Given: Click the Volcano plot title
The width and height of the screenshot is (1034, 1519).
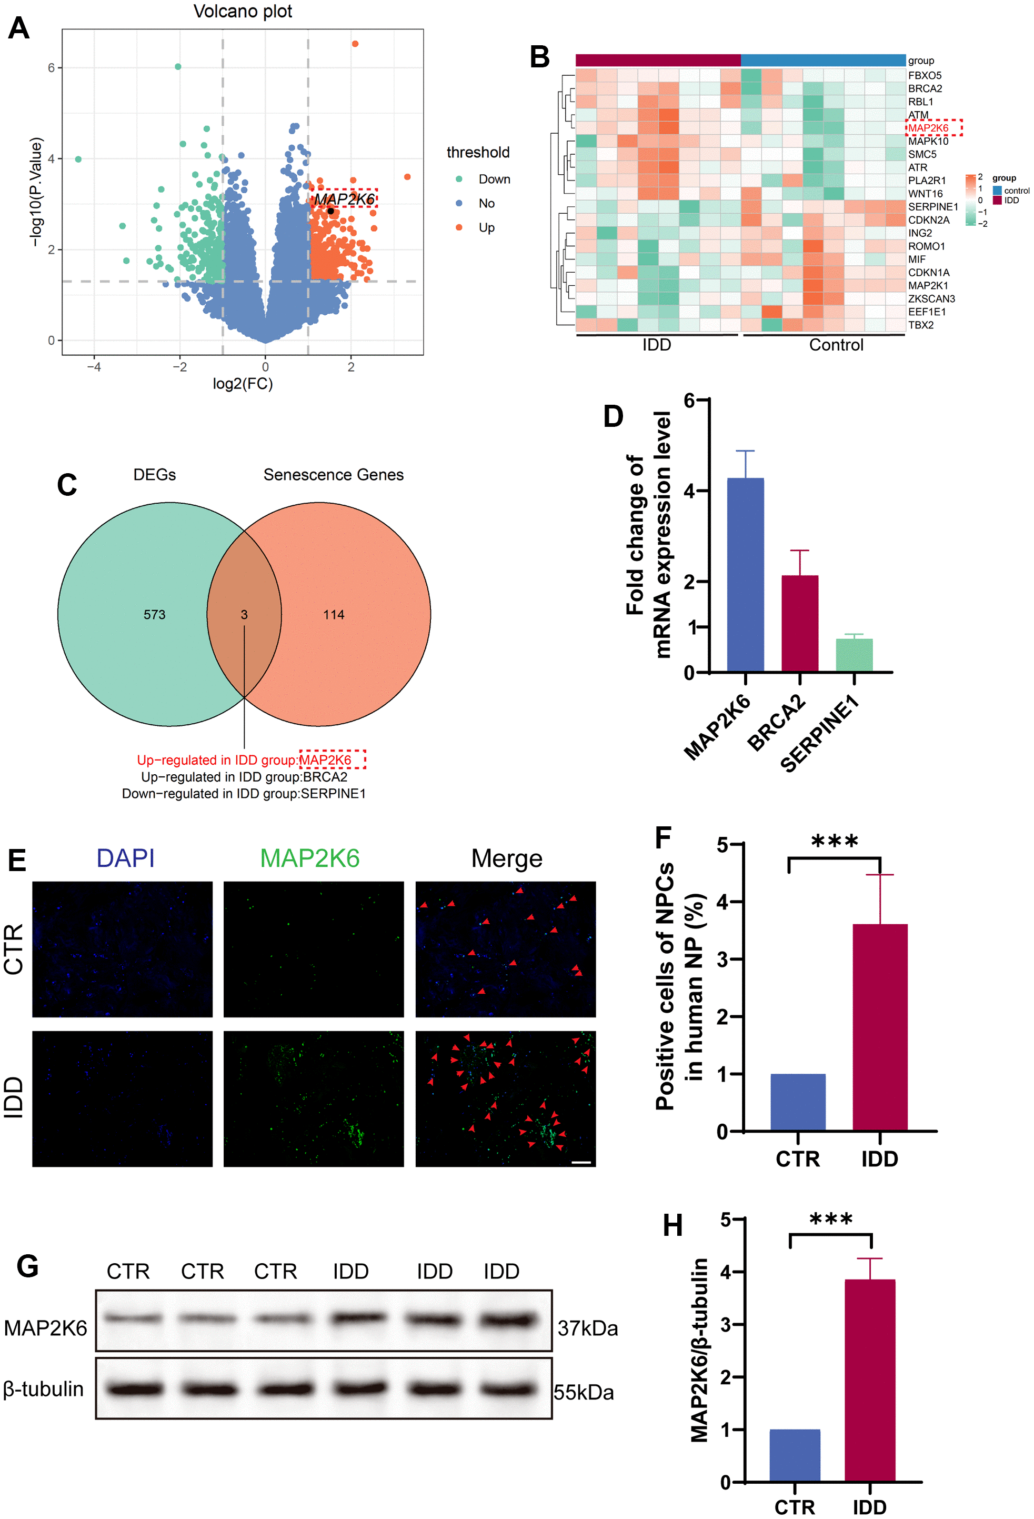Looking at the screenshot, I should [x=243, y=11].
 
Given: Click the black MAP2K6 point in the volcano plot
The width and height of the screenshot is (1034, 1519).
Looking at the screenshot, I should [x=331, y=211].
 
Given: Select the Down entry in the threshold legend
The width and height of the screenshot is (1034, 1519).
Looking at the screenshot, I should [x=494, y=179].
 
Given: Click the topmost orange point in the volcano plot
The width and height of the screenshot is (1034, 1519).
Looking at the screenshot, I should [x=355, y=44].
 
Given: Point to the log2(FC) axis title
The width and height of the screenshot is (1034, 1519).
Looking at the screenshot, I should [x=243, y=384].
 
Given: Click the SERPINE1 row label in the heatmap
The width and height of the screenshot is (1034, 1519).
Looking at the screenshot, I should [x=932, y=206].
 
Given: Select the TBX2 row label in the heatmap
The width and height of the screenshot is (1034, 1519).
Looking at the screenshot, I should [x=920, y=325].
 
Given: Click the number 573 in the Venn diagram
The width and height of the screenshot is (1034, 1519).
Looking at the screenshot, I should [x=154, y=614].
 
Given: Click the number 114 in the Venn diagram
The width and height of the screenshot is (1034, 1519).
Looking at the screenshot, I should [x=333, y=614].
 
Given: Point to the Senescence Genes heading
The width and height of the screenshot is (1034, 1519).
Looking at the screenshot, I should [x=333, y=475].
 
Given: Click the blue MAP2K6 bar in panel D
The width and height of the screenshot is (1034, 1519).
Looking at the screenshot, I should [x=745, y=575].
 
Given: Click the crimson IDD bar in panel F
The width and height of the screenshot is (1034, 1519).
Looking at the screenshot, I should [x=880, y=1027].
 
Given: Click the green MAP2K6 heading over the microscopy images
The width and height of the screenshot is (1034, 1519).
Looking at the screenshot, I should [x=310, y=858].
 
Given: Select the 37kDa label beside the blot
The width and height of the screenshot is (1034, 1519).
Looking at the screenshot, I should [x=587, y=1328].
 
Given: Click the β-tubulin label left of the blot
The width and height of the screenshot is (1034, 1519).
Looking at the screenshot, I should [x=43, y=1388].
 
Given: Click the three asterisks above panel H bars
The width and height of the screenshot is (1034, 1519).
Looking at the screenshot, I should [x=831, y=1220].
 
